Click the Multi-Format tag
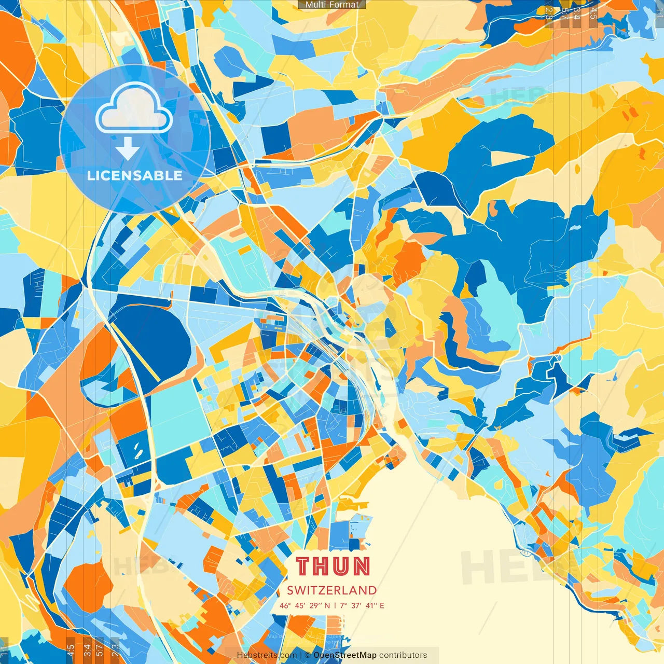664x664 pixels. (x=332, y=5)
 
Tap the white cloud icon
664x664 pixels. (x=134, y=108)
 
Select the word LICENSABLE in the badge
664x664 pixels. (x=135, y=175)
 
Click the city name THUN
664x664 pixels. (x=333, y=566)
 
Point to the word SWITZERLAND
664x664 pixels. (x=332, y=590)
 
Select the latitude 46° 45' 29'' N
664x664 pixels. (x=305, y=605)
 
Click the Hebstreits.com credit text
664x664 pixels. (x=267, y=655)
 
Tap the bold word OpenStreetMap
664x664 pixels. (x=345, y=655)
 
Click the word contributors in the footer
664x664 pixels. (x=403, y=655)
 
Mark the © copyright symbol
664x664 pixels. (x=308, y=655)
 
